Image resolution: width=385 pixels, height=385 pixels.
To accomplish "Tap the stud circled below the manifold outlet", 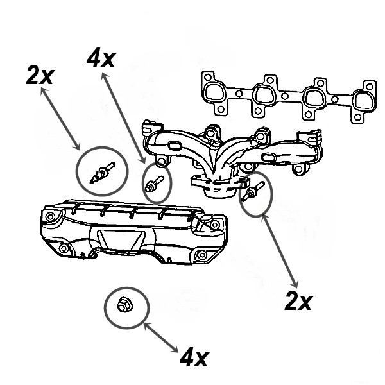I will (x=252, y=192).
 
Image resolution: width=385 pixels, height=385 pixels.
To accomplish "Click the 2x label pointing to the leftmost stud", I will (x=40, y=76).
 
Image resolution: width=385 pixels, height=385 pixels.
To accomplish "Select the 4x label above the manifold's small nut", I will (x=101, y=59).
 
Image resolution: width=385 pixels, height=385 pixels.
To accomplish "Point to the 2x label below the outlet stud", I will (x=298, y=300).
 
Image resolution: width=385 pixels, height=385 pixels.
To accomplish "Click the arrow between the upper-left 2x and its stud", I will (x=61, y=119).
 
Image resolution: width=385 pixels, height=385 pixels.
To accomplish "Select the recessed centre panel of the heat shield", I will (x=123, y=241).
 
